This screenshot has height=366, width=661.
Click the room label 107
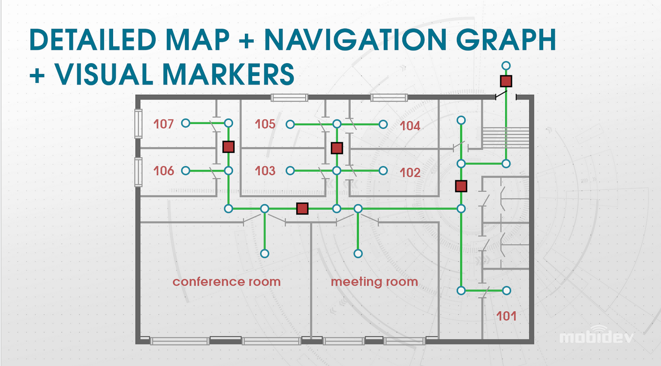pos(163,124)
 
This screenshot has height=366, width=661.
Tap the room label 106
pos(164,170)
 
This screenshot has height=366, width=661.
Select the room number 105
pos(265,124)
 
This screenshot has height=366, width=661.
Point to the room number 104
pos(410,126)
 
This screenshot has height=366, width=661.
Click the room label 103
pos(265,170)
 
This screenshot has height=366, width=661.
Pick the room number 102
pos(410,173)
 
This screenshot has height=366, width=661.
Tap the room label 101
pos(506,315)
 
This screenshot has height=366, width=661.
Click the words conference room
pos(227,282)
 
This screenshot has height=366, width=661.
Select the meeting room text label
pos(374,282)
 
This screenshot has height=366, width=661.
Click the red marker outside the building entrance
pos(506,81)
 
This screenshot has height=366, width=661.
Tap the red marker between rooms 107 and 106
pos(228,147)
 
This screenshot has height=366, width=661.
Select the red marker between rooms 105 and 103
pos(337,148)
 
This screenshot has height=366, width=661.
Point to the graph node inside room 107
pos(185,123)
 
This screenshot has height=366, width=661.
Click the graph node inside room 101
pos(506,290)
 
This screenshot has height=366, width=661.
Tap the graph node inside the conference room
pos(265,253)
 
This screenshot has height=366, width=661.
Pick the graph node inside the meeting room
pos(358,253)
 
